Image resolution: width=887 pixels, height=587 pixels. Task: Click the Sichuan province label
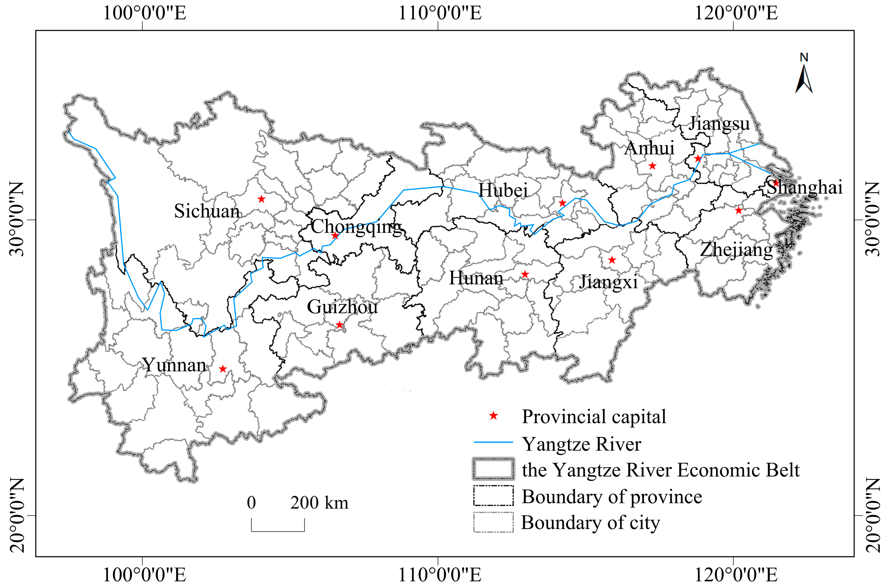207,211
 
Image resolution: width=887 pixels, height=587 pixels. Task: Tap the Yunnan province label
174,365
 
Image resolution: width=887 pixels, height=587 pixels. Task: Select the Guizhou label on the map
342,307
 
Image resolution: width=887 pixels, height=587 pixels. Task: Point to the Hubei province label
503,191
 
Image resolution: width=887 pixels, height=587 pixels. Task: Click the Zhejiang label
736,250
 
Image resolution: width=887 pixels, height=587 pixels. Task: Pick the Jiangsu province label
719,124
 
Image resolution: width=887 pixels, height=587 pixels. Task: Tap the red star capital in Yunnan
223,369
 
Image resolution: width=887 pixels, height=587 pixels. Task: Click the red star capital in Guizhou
339,325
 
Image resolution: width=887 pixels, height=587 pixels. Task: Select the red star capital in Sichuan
261,199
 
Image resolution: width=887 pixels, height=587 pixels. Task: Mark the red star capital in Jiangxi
612,260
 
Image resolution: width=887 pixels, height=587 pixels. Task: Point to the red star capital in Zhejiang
738,210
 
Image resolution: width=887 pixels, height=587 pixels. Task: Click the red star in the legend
494,416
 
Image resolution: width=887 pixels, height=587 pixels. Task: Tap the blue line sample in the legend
493,442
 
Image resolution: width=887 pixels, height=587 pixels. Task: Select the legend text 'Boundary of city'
591,523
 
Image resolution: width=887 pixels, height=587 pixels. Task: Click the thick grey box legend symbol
493,469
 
